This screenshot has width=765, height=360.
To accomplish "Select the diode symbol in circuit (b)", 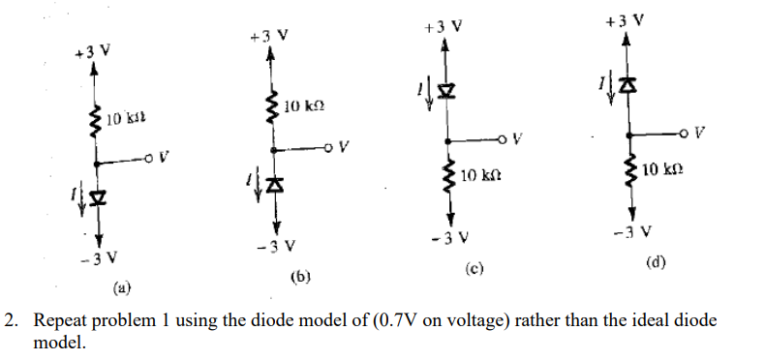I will tap(275, 183).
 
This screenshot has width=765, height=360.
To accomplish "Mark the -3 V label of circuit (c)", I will tap(448, 238).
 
